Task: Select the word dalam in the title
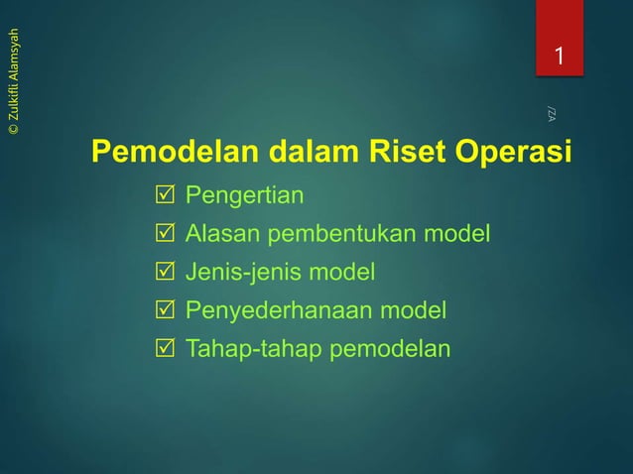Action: pyautogui.click(x=299, y=155)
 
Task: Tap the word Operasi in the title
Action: pyautogui.click(x=515, y=155)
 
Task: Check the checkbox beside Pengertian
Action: pyautogui.click(x=165, y=195)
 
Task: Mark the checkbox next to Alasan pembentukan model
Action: pyautogui.click(x=165, y=234)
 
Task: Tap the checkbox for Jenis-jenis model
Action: pyautogui.click(x=165, y=273)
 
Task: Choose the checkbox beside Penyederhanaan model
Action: pyautogui.click(x=165, y=311)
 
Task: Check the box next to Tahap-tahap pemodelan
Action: pyautogui.click(x=165, y=350)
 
